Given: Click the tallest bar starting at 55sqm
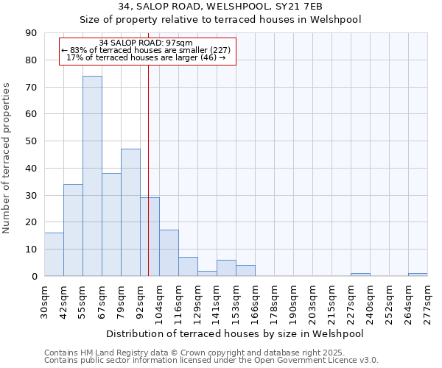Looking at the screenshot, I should point(92,176).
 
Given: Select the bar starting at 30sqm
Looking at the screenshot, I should point(54,255).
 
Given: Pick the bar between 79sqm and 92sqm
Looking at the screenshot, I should point(130,213).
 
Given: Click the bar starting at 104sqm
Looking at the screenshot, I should point(169,253).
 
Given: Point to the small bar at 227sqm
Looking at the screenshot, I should point(360,275).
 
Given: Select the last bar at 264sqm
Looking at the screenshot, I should point(418,275).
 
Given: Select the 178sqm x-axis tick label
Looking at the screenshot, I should point(274,302).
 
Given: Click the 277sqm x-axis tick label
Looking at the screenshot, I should point(427,302).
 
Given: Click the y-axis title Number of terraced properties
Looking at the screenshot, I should point(7,158).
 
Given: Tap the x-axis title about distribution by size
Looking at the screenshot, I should point(235,333).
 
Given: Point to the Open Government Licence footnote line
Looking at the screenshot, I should point(211,361).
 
